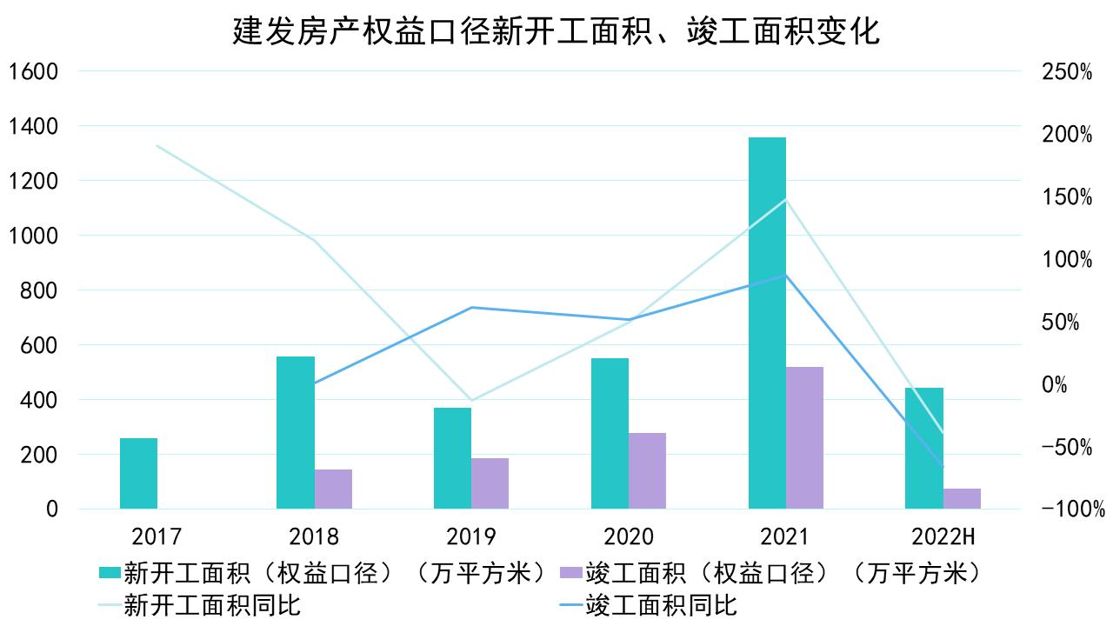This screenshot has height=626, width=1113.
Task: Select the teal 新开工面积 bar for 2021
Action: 767,322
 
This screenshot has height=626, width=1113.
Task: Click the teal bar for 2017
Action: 138,473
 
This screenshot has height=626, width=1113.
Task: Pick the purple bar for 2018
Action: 333,489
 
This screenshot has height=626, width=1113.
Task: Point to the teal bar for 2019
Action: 452,457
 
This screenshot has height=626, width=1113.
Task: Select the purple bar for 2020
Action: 647,470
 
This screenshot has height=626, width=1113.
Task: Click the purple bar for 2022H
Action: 962,498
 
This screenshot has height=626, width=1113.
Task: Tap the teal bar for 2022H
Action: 923,448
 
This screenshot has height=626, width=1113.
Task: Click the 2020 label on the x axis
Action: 628,536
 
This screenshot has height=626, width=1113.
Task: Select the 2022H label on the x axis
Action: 943,536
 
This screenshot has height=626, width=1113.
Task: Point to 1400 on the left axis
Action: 32,126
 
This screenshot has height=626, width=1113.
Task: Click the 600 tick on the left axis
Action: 38,345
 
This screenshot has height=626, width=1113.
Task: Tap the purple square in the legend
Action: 570,573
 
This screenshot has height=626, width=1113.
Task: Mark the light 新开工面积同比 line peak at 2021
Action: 786,199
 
